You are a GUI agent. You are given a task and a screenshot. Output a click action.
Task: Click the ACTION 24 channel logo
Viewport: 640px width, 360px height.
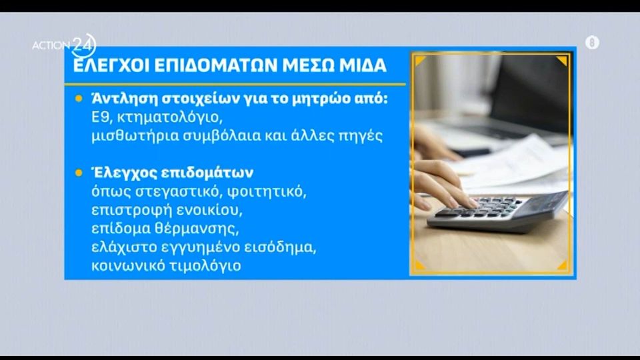point(64,45)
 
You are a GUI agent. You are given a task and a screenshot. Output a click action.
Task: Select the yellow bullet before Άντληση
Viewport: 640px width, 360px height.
point(79,99)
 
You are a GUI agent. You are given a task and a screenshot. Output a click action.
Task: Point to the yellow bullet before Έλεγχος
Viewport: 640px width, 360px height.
point(79,173)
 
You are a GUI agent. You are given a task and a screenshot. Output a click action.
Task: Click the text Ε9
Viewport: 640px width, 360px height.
point(101,117)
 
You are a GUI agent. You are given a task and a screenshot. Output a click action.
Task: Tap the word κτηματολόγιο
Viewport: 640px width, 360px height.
point(170,118)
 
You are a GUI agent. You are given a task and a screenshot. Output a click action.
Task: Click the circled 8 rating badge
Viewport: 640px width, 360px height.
point(592,42)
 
